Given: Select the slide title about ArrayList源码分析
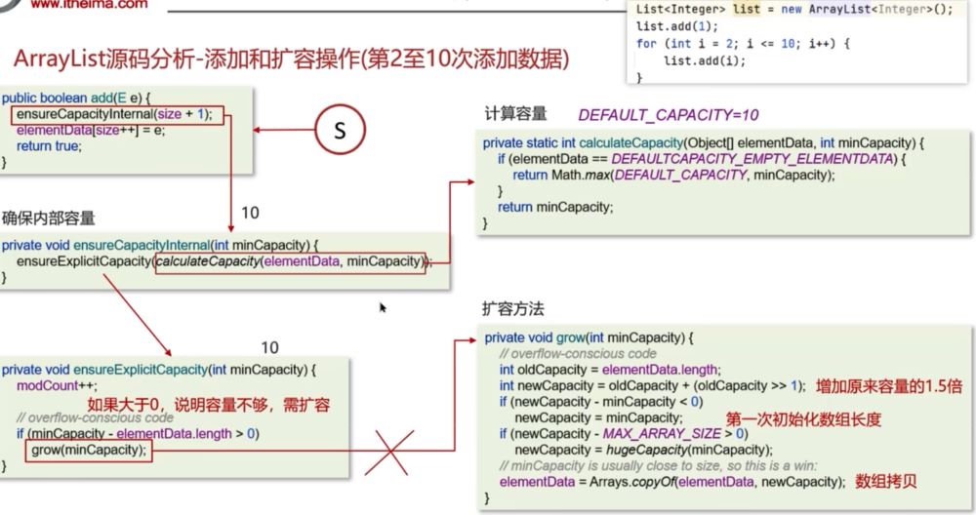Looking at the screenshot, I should pos(291,59).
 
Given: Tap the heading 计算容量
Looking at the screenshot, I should pos(515,113).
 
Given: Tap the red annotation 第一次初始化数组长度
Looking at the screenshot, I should pos(803,418).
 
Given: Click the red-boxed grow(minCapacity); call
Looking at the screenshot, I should pos(89,450).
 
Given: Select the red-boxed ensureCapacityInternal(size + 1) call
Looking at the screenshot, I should pos(118,114).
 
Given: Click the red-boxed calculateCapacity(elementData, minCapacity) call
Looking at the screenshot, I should pos(290,261).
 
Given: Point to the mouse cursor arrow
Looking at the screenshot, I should pos(383,307).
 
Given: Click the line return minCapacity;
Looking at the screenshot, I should pos(553,207).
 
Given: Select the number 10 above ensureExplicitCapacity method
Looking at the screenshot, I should pos(269,347).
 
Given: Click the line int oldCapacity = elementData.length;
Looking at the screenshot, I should pos(609,369).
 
